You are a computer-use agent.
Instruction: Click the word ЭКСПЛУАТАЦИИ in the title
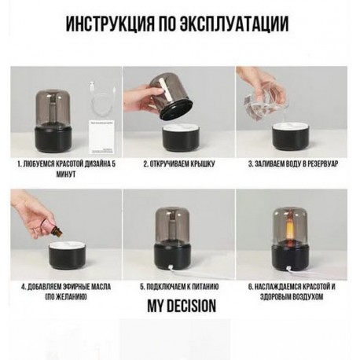tap(235, 24)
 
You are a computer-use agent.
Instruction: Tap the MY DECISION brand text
tap(181, 306)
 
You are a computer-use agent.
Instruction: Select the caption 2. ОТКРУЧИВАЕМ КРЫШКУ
tap(179, 165)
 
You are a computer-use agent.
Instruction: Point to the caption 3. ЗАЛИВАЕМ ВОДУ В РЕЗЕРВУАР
tap(292, 165)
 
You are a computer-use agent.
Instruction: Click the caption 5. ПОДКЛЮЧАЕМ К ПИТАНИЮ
tap(179, 287)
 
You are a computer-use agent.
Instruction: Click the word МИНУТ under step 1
tap(68, 175)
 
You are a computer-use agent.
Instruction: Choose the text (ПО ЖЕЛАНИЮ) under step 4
tap(66, 297)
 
